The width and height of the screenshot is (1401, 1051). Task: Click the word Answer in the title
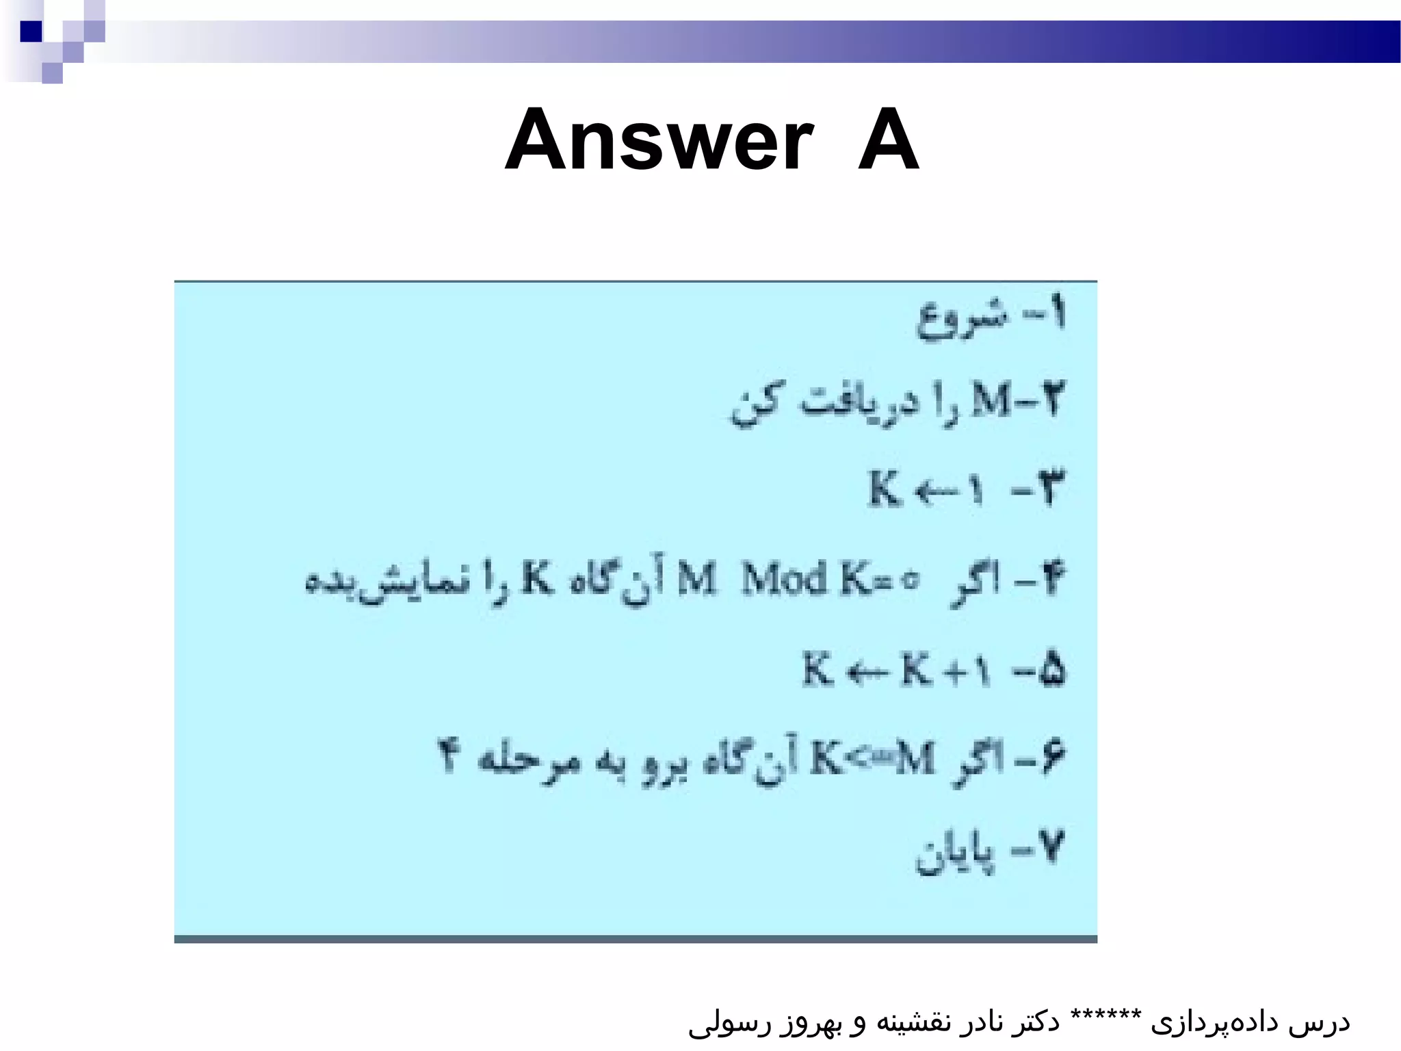tap(659, 141)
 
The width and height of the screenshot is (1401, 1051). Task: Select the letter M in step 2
tap(991, 401)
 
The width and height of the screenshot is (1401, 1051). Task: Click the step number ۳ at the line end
tap(1046, 489)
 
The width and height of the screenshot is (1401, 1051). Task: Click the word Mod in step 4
tap(785, 580)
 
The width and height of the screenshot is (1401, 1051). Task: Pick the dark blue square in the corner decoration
tap(31, 31)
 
